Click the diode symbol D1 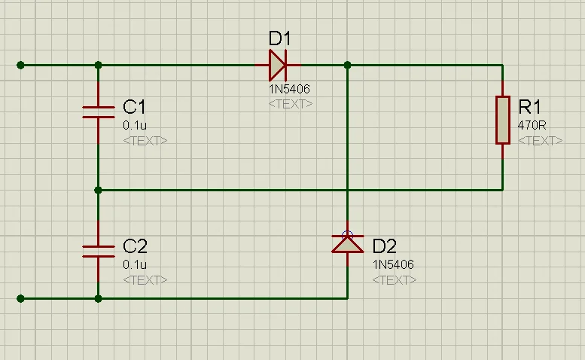[x=277, y=66]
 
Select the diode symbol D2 [x=347, y=243]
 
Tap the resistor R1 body [x=503, y=120]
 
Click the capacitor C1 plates [x=98, y=112]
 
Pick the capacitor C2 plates [x=98, y=251]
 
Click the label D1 [x=280, y=38]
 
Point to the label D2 [x=385, y=246]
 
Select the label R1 [x=530, y=106]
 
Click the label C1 [x=135, y=107]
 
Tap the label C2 [x=135, y=246]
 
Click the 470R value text [x=532, y=125]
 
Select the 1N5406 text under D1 [x=290, y=89]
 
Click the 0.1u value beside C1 [x=135, y=125]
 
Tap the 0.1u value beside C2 [x=135, y=264]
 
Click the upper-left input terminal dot [x=20, y=66]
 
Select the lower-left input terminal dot [x=20, y=298]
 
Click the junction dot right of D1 [x=347, y=66]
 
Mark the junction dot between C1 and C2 [x=98, y=190]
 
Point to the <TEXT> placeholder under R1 [x=540, y=141]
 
